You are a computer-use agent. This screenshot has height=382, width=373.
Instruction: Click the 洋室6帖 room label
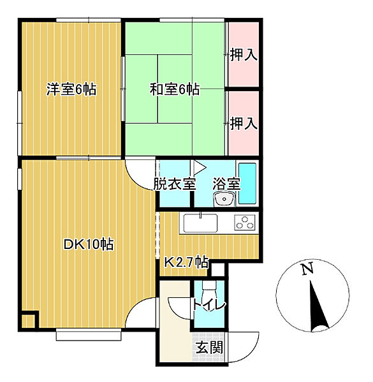71,89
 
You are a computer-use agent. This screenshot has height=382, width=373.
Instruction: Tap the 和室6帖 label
175,89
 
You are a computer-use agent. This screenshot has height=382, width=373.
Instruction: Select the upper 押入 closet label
244,54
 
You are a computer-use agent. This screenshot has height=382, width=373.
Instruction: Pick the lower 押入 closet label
244,124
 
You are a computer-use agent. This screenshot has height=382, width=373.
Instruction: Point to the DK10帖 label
89,244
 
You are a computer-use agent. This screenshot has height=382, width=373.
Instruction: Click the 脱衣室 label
175,184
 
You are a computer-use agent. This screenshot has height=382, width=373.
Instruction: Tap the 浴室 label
226,184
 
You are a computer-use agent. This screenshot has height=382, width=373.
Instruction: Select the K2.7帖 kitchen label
186,262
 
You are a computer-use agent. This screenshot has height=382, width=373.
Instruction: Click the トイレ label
209,305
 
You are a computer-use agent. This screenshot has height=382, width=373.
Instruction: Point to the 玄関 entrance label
210,347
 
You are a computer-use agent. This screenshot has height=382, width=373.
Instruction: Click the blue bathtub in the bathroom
247,183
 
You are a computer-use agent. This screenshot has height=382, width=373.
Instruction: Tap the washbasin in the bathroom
224,199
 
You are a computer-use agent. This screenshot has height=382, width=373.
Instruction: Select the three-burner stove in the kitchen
245,222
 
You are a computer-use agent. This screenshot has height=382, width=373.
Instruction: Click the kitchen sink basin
200,223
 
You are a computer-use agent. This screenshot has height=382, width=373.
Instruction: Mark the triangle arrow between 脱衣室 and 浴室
200,167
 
